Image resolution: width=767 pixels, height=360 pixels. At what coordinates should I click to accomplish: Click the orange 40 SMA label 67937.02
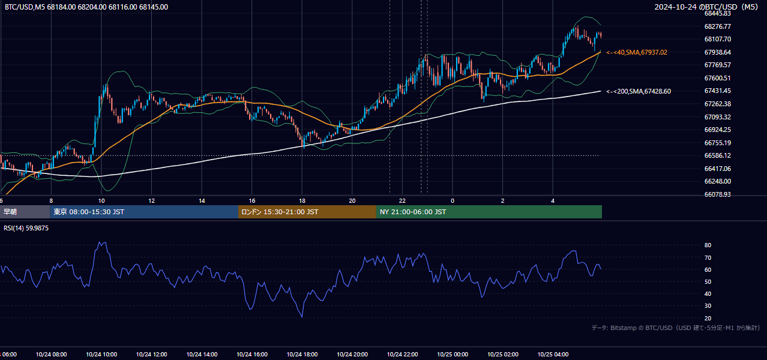(637, 52)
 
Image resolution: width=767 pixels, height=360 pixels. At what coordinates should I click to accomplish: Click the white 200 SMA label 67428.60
(639, 91)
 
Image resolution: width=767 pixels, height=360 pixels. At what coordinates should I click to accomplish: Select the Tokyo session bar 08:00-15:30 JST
(144, 212)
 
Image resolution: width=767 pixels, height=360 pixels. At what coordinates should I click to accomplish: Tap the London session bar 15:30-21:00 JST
(307, 212)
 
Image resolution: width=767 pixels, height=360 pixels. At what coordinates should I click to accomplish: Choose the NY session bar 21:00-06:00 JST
(489, 212)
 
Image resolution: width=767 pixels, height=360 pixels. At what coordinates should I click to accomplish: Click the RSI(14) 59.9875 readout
(26, 228)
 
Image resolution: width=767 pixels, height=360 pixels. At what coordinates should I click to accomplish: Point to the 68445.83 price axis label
(717, 13)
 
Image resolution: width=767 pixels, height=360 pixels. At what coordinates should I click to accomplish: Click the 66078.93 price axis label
(717, 194)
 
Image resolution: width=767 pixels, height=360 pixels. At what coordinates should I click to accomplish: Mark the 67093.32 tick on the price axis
(717, 117)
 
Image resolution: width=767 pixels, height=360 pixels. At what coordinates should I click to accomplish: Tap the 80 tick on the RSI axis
(708, 245)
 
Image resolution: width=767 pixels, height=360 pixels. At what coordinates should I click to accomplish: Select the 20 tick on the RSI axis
(708, 318)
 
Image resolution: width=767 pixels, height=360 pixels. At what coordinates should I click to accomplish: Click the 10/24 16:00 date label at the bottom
(252, 355)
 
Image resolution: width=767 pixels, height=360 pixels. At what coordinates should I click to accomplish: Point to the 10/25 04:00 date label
(553, 355)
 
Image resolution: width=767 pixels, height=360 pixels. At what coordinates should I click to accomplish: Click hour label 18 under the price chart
(302, 201)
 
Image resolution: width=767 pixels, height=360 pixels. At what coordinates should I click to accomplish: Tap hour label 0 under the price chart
(453, 201)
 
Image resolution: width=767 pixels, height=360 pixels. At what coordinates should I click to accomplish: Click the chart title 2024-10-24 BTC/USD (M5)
(706, 7)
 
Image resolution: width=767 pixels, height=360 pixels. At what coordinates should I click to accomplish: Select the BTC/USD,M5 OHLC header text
(86, 7)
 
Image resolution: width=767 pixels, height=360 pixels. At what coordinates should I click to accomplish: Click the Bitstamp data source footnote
(676, 328)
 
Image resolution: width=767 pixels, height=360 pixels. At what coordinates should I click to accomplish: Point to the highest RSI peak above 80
(100, 242)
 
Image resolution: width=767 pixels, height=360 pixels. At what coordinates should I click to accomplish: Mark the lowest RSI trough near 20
(302, 317)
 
